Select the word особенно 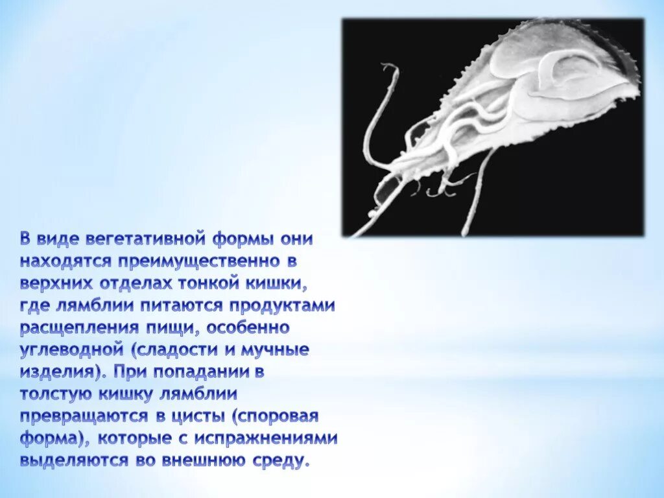[248, 327]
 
